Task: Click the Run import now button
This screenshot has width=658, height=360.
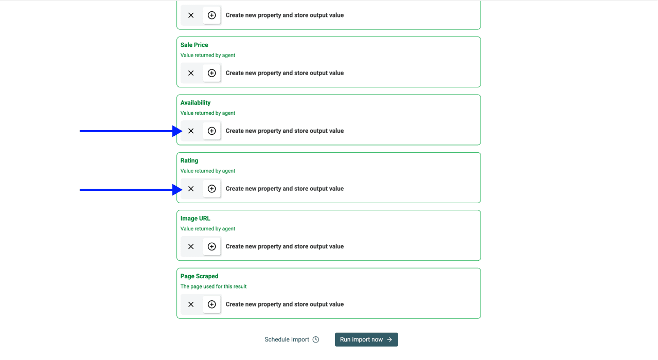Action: [366, 339]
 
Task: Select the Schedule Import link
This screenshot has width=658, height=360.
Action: [287, 339]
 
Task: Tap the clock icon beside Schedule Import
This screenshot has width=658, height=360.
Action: [316, 339]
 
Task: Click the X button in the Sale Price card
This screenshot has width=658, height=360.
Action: [191, 73]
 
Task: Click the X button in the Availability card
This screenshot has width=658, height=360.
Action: [191, 131]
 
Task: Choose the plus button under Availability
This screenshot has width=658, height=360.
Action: [211, 131]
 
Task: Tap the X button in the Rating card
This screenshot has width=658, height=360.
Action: [191, 189]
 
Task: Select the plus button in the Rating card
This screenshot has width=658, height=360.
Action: [211, 189]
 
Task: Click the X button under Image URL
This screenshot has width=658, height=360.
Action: [191, 246]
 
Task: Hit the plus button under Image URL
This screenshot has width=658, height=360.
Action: [211, 246]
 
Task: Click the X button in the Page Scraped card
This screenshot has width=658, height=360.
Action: [191, 304]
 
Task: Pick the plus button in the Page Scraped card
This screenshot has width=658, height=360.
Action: [211, 304]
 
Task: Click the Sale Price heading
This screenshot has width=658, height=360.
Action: [194, 45]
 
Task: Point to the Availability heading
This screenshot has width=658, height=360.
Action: [195, 103]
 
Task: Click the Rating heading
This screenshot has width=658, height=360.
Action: [189, 160]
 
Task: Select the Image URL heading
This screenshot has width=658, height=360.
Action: [195, 219]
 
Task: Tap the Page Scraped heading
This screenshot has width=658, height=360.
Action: [200, 276]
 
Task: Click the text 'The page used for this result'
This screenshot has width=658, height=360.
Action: [214, 286]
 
